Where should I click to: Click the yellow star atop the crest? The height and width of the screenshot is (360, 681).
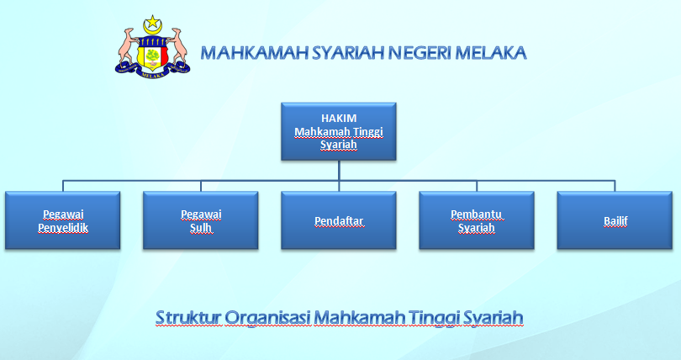(x=152, y=22)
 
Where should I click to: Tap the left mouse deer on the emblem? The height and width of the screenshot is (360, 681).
(x=128, y=47)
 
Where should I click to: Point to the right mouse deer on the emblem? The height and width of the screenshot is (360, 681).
(x=177, y=47)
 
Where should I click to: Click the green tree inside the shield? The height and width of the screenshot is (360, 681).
(x=152, y=56)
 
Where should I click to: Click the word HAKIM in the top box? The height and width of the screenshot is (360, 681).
(x=338, y=119)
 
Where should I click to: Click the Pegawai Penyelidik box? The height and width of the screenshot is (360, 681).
(x=63, y=220)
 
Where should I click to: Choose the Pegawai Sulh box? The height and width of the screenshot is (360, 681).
(x=201, y=220)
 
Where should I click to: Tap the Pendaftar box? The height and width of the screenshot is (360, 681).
(x=339, y=220)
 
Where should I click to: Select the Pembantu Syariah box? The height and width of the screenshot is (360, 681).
(x=477, y=220)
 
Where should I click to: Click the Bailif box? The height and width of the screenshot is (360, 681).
(x=615, y=220)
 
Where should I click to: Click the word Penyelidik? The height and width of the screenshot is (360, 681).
(x=63, y=228)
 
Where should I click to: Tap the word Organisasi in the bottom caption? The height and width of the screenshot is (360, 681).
(x=264, y=318)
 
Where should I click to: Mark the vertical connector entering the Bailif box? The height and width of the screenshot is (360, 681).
(x=615, y=185)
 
